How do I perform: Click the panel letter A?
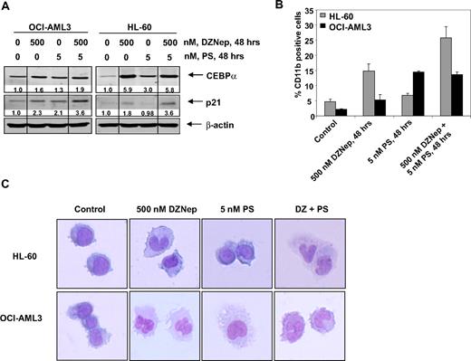coord(6,7)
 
